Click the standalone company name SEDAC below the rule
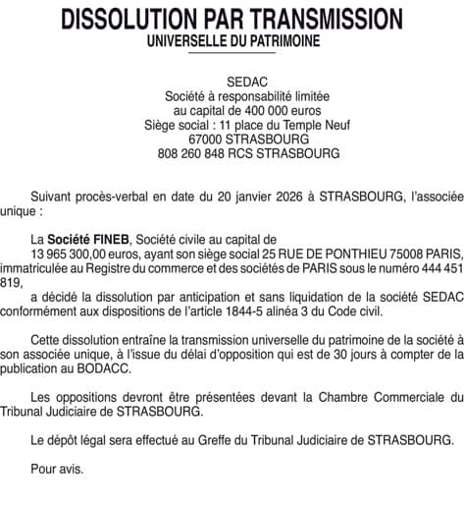[232, 81]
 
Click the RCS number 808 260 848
[193, 154]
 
